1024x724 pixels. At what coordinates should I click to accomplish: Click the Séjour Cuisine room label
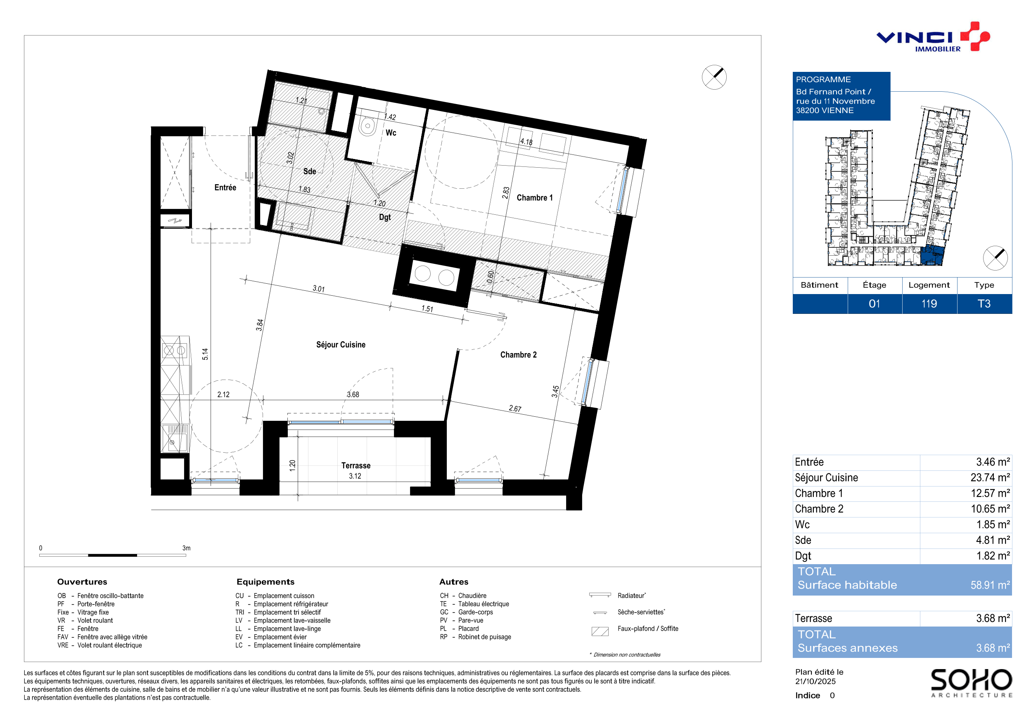[x=341, y=345]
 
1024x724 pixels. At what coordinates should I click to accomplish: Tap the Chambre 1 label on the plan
[x=534, y=197]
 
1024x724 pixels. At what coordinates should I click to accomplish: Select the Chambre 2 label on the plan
[x=518, y=355]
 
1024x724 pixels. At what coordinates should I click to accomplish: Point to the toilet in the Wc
[x=368, y=126]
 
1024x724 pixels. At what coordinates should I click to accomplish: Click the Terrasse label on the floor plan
[x=356, y=466]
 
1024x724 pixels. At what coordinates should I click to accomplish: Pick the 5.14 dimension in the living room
[x=205, y=354]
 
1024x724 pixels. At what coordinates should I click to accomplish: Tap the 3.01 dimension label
[x=318, y=289]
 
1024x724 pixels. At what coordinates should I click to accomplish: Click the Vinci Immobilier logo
[x=933, y=37]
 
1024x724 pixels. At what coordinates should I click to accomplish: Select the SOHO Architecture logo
[x=971, y=683]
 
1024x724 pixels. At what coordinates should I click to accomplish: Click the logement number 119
[x=929, y=304]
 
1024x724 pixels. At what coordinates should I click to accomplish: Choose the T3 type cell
[x=984, y=304]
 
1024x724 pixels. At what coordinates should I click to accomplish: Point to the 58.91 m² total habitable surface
[x=990, y=585]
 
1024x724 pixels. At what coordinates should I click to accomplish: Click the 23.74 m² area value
[x=990, y=478]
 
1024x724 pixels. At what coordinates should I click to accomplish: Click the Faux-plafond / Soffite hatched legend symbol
[x=600, y=631]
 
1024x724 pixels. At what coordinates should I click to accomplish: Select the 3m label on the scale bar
[x=186, y=548]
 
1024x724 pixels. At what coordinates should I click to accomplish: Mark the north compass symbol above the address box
[x=714, y=77]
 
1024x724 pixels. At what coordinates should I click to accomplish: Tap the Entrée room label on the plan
[x=225, y=188]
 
